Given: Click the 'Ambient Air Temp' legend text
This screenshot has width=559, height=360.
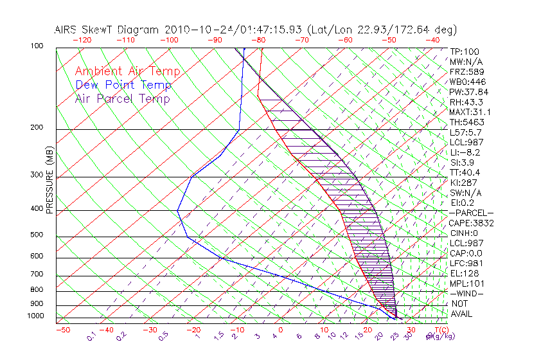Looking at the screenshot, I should pyautogui.click(x=127, y=71).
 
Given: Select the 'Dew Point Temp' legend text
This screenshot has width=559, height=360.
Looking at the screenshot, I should pyautogui.click(x=123, y=85).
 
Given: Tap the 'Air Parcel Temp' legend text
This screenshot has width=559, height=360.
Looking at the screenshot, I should pyautogui.click(x=122, y=98).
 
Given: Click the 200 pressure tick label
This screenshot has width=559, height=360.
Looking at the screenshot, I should pyautogui.click(x=37, y=127).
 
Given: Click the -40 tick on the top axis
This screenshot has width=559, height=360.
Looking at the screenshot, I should pyautogui.click(x=432, y=40).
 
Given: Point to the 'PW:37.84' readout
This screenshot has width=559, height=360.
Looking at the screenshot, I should pyautogui.click(x=467, y=92).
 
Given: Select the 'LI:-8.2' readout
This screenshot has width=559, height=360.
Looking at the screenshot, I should pyautogui.click(x=465, y=152).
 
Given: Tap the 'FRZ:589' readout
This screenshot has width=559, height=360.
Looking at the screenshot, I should pyautogui.click(x=465, y=71).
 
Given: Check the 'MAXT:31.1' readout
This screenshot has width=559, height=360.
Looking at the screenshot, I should pyautogui.click(x=469, y=112).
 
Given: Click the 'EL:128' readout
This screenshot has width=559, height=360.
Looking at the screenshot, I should pyautogui.click(x=463, y=273).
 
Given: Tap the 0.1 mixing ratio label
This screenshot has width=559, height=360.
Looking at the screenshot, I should pyautogui.click(x=92, y=336).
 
